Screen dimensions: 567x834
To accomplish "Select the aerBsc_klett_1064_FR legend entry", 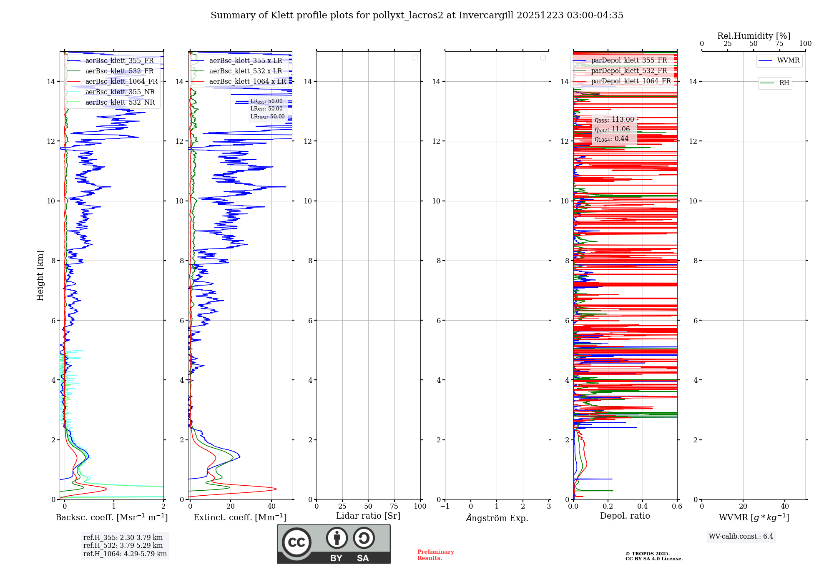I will point(121,82).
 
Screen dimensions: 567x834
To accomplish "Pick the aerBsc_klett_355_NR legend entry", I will point(120,92).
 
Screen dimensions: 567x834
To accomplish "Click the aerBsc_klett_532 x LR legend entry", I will point(245,71).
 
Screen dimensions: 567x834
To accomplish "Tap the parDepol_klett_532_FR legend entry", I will point(629,71).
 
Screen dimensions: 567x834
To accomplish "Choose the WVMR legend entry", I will point(788,60).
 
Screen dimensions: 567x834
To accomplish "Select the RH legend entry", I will point(784,83).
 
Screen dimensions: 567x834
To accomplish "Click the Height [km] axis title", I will point(40,276).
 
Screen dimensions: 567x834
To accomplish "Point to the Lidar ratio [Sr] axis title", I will point(368,516).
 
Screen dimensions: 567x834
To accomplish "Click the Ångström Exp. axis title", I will point(497,518).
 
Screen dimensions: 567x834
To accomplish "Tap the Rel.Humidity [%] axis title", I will point(754,36).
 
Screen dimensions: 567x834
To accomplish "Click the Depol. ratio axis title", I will point(625,516).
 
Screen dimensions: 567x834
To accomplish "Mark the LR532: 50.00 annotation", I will point(266,109).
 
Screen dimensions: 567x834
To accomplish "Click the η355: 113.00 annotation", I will point(614,120).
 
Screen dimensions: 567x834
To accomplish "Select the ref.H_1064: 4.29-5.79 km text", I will point(125,554).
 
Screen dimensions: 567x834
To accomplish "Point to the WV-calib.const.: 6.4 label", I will point(741,537).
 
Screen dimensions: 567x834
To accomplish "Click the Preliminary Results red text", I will point(435,555).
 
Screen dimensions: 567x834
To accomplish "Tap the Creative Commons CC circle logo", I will point(296,542).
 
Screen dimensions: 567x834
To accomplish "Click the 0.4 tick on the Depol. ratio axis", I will point(643,507).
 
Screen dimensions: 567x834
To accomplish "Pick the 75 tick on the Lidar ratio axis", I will point(394,507).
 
